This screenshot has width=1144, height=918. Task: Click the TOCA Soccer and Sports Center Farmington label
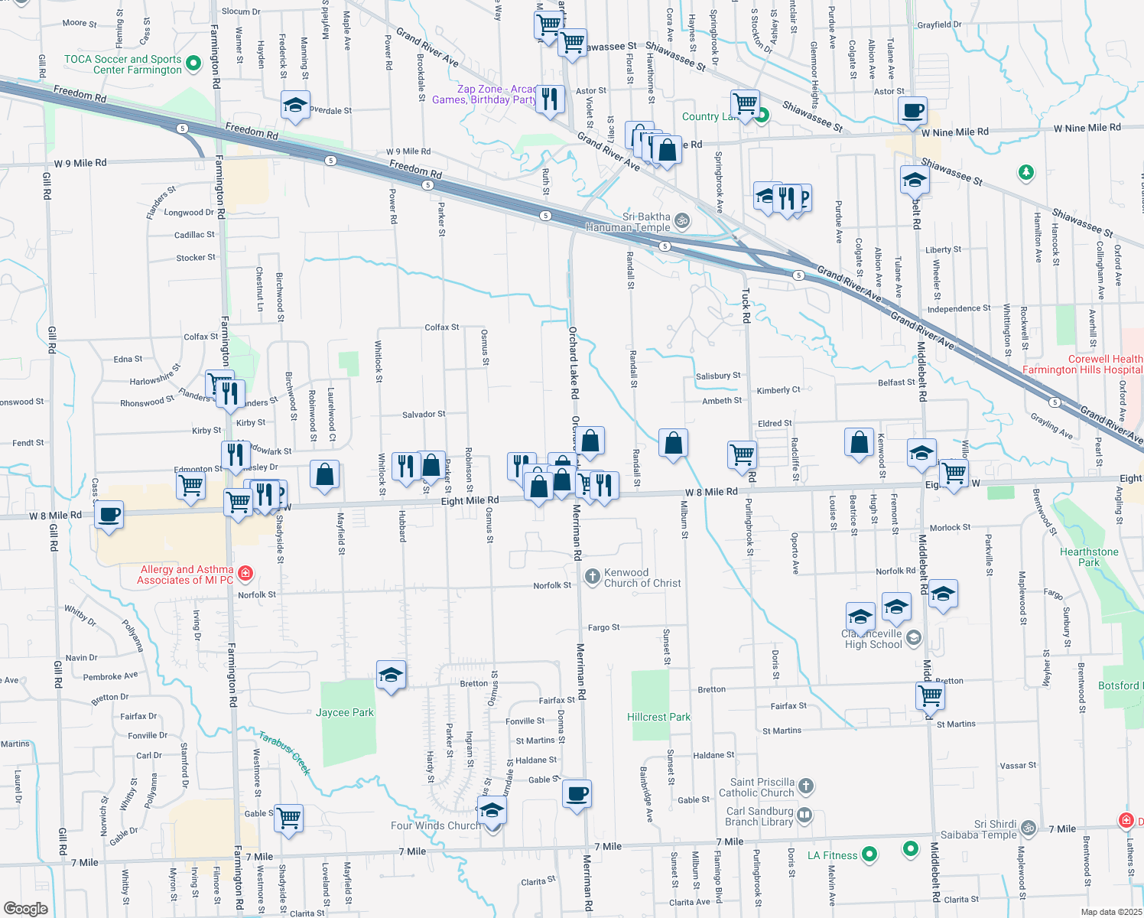point(122,64)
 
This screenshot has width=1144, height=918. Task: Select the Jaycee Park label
point(345,712)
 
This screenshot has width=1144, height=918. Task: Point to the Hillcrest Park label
point(658,717)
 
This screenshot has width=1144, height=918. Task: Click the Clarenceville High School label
point(873,639)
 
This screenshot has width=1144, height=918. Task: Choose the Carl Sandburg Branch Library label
point(759,816)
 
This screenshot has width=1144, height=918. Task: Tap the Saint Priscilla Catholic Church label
point(762,787)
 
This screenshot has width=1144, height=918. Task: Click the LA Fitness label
point(832,855)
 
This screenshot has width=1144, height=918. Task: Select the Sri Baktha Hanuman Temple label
point(628,222)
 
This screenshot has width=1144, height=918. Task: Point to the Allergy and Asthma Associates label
point(186,575)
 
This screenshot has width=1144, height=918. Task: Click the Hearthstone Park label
point(1089,557)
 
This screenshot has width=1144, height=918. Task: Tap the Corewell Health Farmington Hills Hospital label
point(1082,364)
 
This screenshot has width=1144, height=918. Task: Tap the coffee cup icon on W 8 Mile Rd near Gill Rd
point(110,513)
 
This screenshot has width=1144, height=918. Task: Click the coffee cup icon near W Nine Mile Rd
point(912,109)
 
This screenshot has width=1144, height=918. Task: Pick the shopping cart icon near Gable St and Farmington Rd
point(289,817)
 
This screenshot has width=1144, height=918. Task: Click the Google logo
point(26,909)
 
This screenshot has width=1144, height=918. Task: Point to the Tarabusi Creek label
point(284,753)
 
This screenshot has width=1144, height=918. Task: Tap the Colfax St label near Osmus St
point(442,327)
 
